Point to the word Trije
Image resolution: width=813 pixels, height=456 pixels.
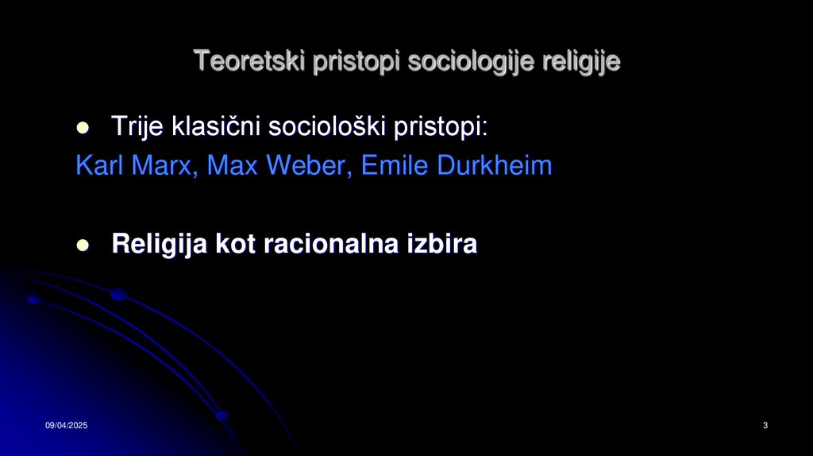136,126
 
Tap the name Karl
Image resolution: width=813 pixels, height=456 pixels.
99,166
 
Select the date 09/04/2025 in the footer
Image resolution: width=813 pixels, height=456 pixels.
66,427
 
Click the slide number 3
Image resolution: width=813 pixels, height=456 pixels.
765,427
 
